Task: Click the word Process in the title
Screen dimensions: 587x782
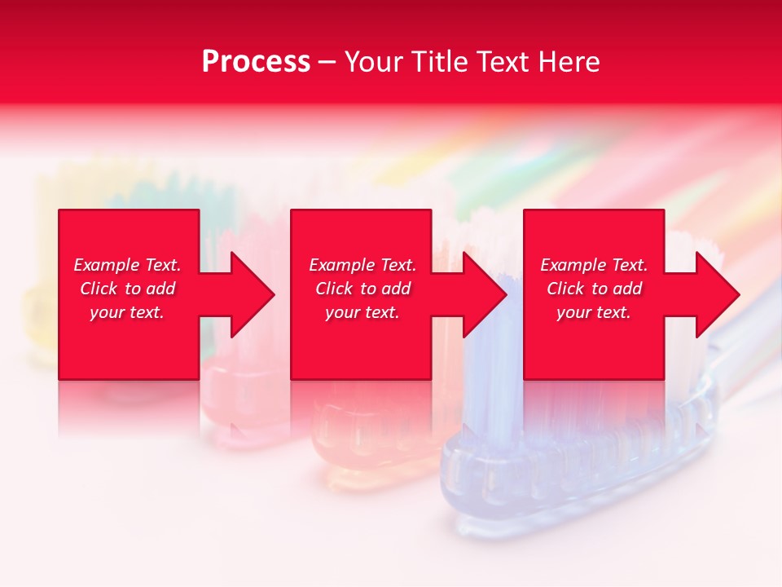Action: tap(256, 62)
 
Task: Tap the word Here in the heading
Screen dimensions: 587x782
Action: tap(569, 62)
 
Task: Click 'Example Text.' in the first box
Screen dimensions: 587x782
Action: tap(127, 265)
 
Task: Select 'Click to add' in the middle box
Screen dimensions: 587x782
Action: tap(362, 289)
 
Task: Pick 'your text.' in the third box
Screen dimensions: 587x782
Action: tap(594, 312)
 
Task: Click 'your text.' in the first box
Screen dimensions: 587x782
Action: tap(127, 312)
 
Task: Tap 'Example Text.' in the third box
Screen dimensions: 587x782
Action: tap(594, 265)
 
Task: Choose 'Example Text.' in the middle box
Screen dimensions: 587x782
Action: tap(362, 265)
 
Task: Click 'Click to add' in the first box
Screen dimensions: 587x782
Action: tap(127, 289)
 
